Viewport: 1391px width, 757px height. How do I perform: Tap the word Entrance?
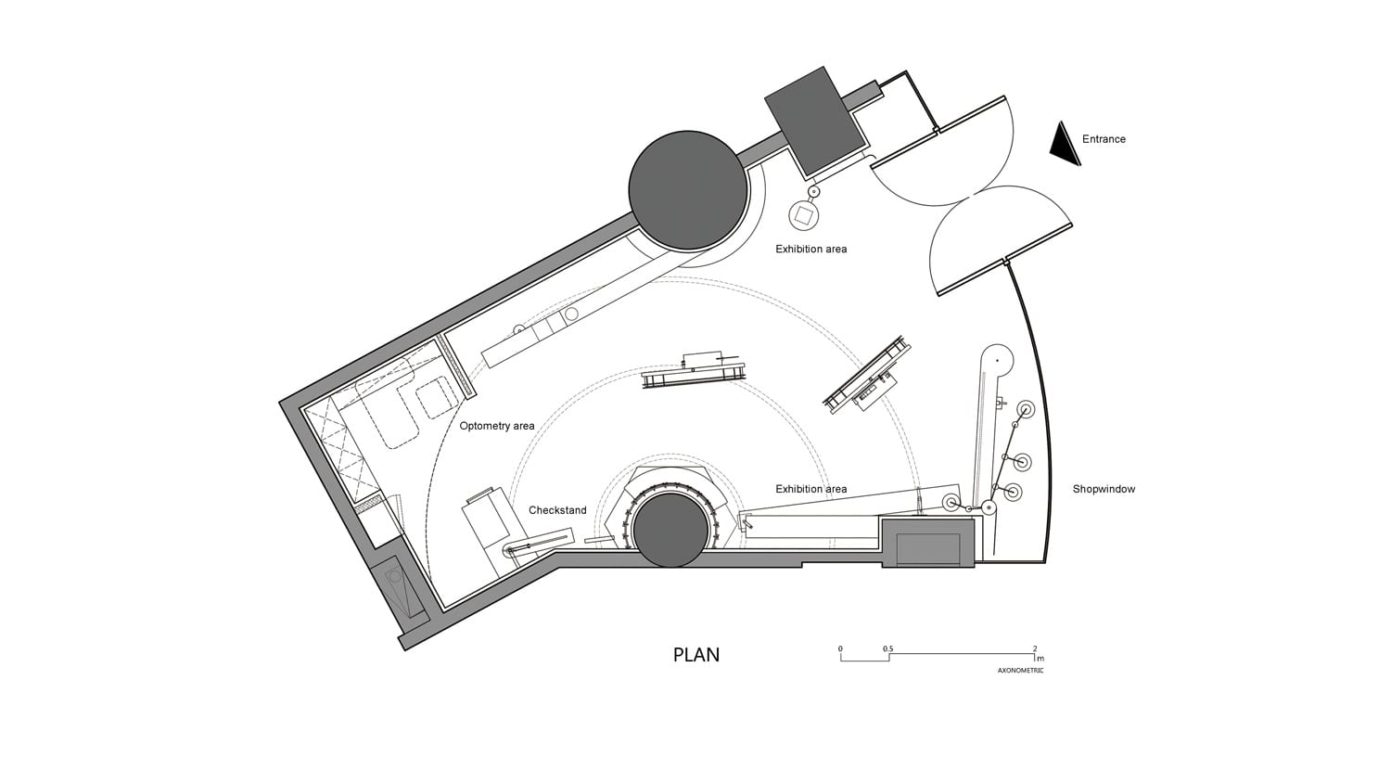[x=1104, y=139]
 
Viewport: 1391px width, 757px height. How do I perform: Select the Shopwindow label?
[x=1104, y=489]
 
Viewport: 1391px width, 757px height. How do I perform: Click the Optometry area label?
[x=497, y=426]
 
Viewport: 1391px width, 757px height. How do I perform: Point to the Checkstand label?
[x=557, y=510]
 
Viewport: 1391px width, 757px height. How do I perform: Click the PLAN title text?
[x=696, y=655]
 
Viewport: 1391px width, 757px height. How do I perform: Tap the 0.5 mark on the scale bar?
[x=888, y=649]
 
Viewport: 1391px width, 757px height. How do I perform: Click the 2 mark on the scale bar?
[x=1035, y=649]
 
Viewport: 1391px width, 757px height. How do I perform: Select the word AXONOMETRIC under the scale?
[x=1020, y=671]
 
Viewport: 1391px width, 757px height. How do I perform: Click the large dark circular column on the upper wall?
[x=687, y=190]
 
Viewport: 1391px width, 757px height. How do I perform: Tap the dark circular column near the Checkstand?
[x=671, y=530]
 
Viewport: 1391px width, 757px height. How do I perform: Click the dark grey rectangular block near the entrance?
[x=814, y=121]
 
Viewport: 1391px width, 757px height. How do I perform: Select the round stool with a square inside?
[x=804, y=215]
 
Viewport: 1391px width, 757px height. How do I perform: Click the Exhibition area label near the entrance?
[x=811, y=249]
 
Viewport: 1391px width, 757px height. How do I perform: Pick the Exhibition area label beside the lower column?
[x=811, y=489]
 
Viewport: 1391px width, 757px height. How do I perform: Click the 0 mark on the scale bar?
[x=840, y=649]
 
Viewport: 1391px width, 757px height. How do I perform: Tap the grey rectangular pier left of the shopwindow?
[x=927, y=543]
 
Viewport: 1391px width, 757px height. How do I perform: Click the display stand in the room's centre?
[x=693, y=371]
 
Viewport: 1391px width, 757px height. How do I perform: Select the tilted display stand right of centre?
[x=867, y=377]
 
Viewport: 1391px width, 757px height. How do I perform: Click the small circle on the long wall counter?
[x=571, y=314]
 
